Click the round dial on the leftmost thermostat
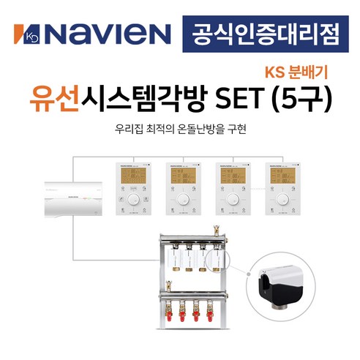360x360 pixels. point(132,199)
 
